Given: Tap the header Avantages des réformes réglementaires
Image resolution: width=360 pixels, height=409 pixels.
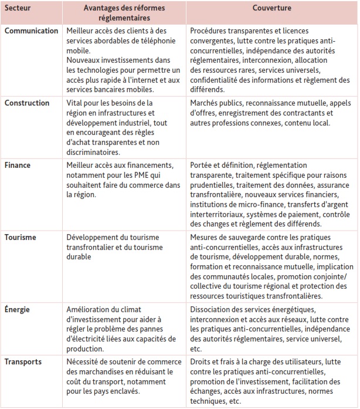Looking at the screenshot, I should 124,13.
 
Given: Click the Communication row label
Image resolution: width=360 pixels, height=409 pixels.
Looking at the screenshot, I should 32,31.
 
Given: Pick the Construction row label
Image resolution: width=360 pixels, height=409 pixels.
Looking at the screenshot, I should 27,103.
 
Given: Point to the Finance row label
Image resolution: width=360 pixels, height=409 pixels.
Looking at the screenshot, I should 19,166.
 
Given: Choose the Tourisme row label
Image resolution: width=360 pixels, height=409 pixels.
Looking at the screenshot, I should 22,238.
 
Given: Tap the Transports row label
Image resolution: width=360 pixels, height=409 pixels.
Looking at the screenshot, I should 24,362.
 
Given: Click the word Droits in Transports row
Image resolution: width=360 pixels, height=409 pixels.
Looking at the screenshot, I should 201,362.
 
